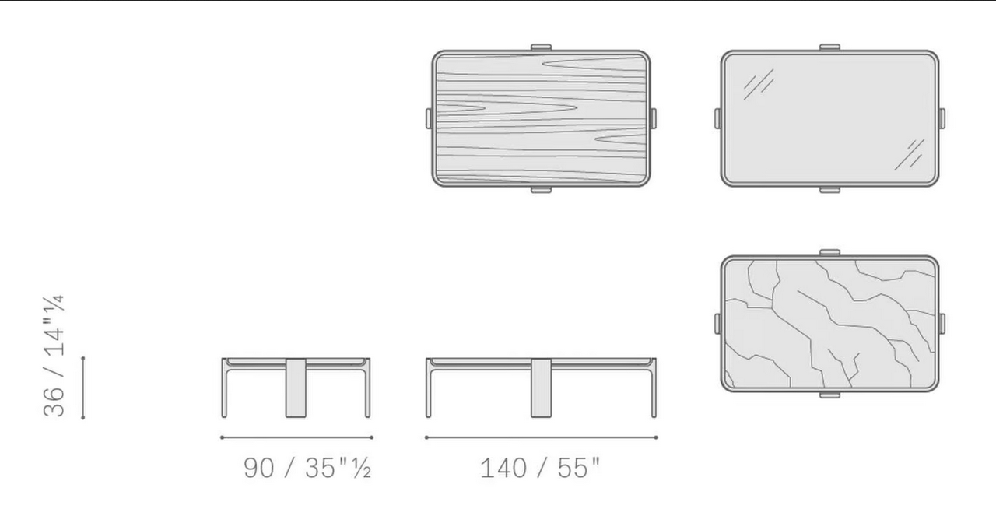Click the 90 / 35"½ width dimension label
point(307,468)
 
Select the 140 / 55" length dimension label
point(540,468)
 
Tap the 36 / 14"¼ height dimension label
point(54,356)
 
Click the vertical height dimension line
point(83,388)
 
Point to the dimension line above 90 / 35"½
point(296,437)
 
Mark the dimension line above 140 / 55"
point(541,437)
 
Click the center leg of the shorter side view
point(296,388)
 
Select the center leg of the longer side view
point(541,388)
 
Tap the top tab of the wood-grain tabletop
point(541,47)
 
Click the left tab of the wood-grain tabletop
point(429,118)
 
